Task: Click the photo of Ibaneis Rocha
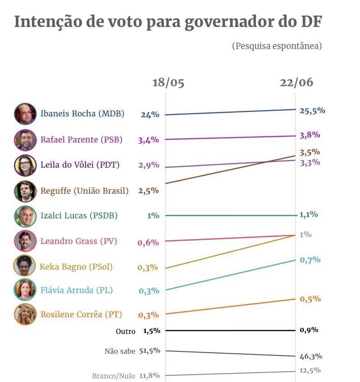point(25,114)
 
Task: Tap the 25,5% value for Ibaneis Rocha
point(312,111)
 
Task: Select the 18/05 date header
point(168,83)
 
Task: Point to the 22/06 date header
point(296,83)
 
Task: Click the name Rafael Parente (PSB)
point(81,139)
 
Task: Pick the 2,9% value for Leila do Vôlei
point(148,165)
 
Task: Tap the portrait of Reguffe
point(25,191)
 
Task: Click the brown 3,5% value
point(310,152)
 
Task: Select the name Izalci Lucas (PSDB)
point(79,215)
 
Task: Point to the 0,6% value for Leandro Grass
point(148,242)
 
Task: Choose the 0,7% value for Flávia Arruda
point(310,259)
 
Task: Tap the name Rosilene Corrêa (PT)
point(81,314)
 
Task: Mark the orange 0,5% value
point(310,299)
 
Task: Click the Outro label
point(125,331)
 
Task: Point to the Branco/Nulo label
point(113,376)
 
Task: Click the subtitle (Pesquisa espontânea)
point(277,46)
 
